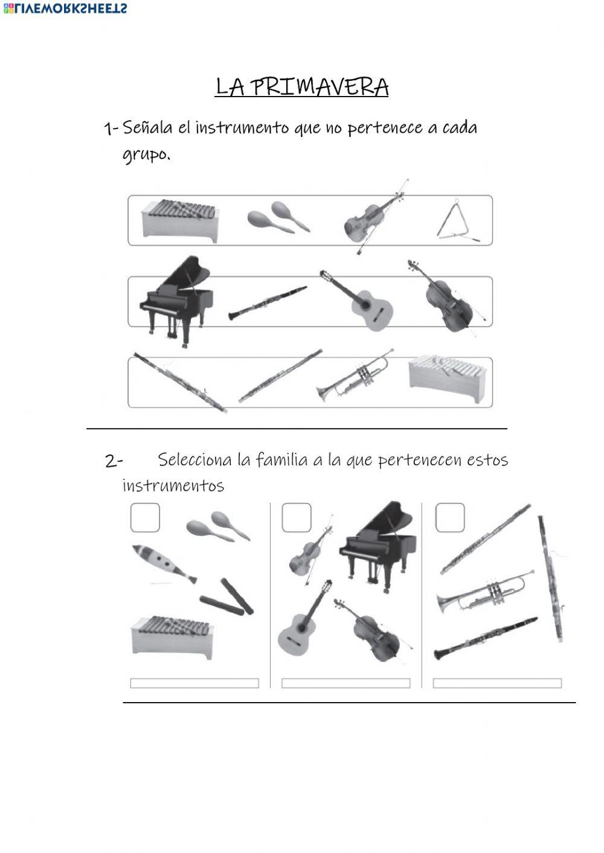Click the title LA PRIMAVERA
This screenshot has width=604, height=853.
[302, 87]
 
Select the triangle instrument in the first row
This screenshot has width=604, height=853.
[456, 223]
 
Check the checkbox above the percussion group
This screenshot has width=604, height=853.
[145, 518]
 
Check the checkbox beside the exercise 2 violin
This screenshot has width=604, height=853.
[297, 518]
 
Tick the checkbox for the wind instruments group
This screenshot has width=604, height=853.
[449, 518]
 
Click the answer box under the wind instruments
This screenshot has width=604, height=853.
[497, 683]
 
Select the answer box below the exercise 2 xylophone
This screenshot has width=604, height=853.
[194, 683]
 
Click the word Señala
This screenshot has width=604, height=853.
[147, 128]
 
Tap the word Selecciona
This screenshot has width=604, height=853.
[194, 460]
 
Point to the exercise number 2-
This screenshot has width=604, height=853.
[113, 461]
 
